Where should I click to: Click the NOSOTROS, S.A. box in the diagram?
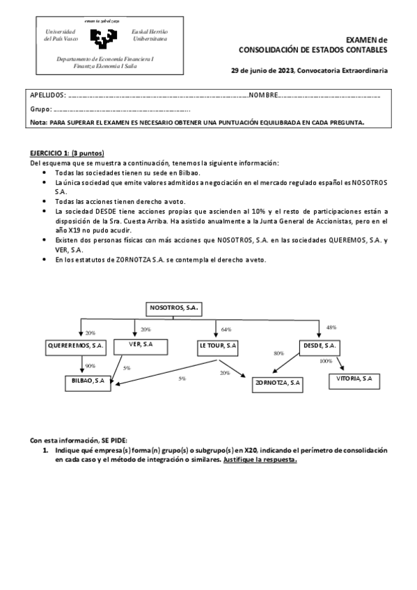pyautogui.click(x=173, y=307)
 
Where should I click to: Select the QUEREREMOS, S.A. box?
pyautogui.click(x=77, y=345)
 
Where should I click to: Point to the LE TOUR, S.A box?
pyautogui.click(x=218, y=345)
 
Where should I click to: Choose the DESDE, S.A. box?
pyautogui.click(x=320, y=345)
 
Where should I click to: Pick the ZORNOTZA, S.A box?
pyautogui.click(x=278, y=382)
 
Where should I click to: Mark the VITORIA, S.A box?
pyautogui.click(x=353, y=378)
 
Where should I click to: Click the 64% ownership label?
pyautogui.click(x=226, y=329)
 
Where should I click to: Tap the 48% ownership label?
pyautogui.click(x=331, y=327)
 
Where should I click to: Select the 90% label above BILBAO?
pyautogui.click(x=90, y=365)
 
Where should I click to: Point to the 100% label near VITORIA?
pyautogui.click(x=326, y=361)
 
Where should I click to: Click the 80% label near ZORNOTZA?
pyautogui.click(x=278, y=353)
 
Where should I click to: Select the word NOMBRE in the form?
pyautogui.click(x=264, y=95)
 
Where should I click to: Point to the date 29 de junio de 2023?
pyautogui.click(x=262, y=71)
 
